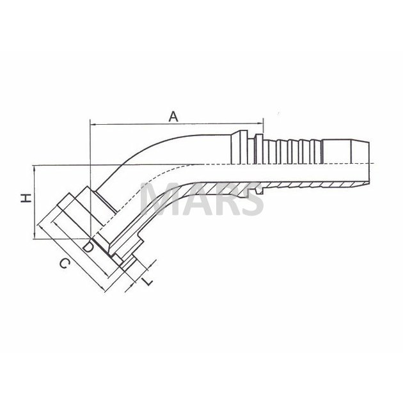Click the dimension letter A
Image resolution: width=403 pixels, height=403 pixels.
[173, 116]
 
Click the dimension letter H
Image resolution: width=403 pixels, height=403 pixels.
[26, 198]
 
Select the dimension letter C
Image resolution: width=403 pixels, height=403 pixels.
[65, 264]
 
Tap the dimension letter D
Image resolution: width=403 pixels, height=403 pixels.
[88, 247]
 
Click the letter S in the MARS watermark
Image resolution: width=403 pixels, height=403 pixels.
[251, 198]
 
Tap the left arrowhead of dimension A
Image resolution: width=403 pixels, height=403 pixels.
[93, 124]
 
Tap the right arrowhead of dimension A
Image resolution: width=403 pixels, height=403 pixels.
[260, 124]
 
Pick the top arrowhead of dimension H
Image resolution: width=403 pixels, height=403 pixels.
[34, 168]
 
